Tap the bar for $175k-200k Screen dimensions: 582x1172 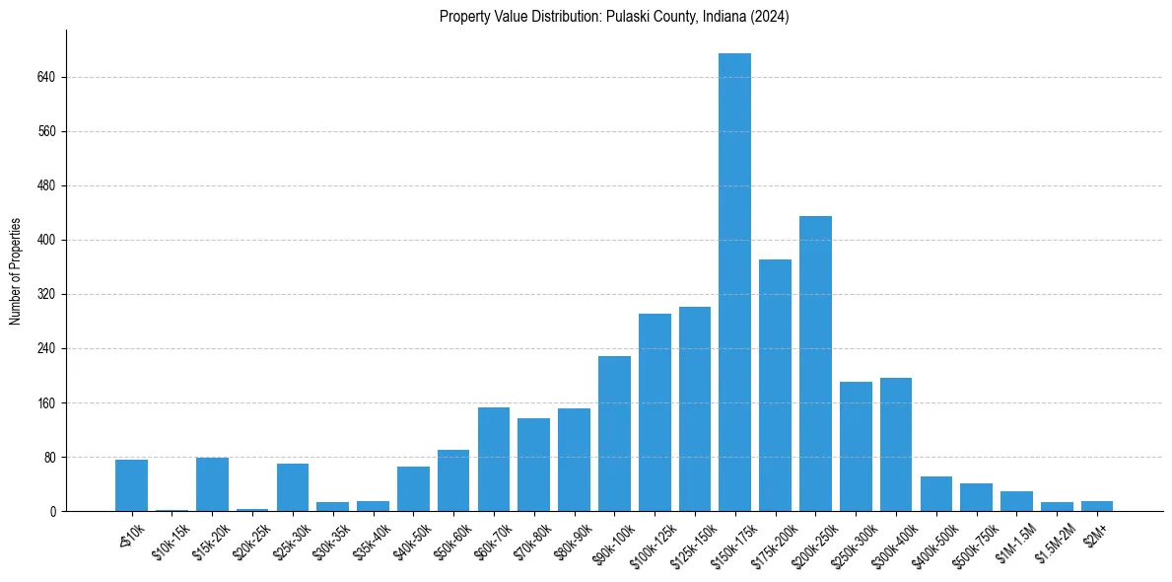coord(775,385)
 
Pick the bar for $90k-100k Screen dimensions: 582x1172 coord(614,433)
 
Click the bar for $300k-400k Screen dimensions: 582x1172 coord(896,444)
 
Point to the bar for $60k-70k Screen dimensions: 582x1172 coord(494,459)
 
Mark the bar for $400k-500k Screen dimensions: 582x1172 coord(936,493)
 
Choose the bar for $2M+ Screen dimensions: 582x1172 coord(1097,506)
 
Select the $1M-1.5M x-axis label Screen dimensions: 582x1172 coord(1013,539)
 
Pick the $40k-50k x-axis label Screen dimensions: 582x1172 coord(412,539)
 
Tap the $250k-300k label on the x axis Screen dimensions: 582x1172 coord(852,541)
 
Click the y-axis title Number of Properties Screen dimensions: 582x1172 coord(15,271)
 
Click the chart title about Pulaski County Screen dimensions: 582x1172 coord(614,17)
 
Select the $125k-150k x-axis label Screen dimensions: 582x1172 coord(690,541)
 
